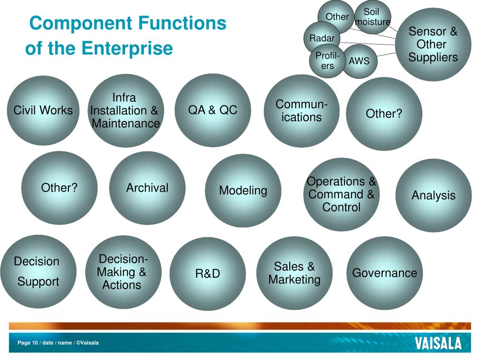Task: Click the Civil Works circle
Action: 43,111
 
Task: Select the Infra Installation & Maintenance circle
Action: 125,111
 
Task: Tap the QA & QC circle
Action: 213,111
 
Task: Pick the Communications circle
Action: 301,111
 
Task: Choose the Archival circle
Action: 147,188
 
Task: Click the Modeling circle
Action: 243,191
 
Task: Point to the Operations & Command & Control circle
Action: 341,194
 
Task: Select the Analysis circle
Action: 434,195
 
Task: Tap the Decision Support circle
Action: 37,272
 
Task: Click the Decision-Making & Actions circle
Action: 123,272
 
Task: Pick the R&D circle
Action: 208,274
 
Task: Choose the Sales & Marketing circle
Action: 294,273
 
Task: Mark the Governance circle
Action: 384,273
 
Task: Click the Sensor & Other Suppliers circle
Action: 433,45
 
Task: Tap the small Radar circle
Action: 322,38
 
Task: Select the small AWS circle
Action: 360,61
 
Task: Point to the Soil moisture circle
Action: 373,17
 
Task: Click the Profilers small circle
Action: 327,61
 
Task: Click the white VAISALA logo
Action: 438,343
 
